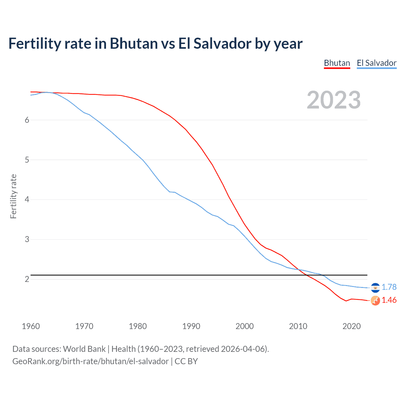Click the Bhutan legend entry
[x=337, y=63]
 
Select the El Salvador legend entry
[x=377, y=63]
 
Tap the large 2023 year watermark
[x=333, y=100]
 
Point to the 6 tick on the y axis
[x=27, y=120]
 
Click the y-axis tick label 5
[x=27, y=160]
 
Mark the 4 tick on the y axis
[x=27, y=200]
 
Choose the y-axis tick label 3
[x=27, y=240]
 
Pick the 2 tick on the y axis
[x=27, y=279]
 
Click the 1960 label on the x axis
[x=31, y=326]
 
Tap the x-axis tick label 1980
[x=138, y=326]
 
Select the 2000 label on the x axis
[x=245, y=326]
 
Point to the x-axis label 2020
[x=352, y=326]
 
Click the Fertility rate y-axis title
[x=13, y=196]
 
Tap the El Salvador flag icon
[x=375, y=287]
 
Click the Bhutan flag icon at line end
[x=375, y=301]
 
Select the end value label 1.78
[x=389, y=287]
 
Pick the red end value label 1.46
[x=389, y=300]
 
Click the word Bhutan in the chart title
[x=134, y=43]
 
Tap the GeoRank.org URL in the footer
[x=90, y=361]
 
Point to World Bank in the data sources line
[x=84, y=349]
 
